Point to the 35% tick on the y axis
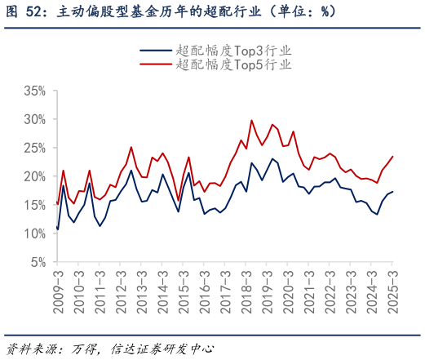pyautogui.click(x=34, y=90)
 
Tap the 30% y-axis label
pyautogui.click(x=34, y=118)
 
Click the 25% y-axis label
pyautogui.click(x=34, y=148)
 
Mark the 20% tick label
pyautogui.click(x=34, y=176)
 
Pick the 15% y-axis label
pyautogui.click(x=34, y=205)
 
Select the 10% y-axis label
pyautogui.click(x=34, y=233)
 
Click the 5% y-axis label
pyautogui.click(x=38, y=263)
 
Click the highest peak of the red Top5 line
pyautogui.click(x=251, y=120)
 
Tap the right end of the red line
pyautogui.click(x=392, y=157)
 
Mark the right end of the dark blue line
pyautogui.click(x=392, y=192)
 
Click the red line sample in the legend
pyautogui.click(x=156, y=64)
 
